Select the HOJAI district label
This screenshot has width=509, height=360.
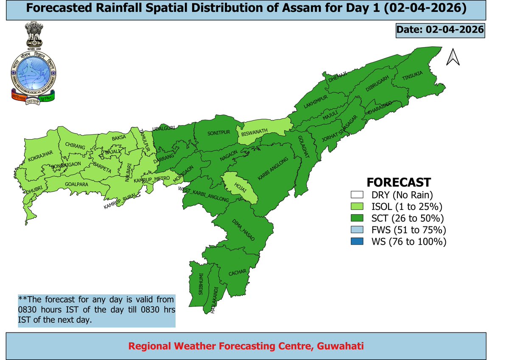point(240,187)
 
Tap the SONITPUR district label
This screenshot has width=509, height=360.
point(218,133)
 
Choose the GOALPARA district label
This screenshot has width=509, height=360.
point(76,184)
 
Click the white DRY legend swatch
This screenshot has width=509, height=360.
point(355,195)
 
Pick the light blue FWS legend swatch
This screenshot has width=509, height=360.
point(355,230)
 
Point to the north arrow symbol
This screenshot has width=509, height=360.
point(453,57)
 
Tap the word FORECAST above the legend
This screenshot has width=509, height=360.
point(398,182)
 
